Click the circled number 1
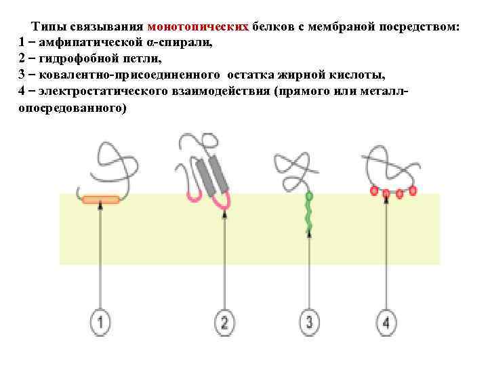tap(101, 322)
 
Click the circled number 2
tap(225, 322)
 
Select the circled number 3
tap(309, 322)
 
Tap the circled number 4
tap(386, 322)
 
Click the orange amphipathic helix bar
tap(101, 199)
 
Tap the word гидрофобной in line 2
tap(75, 59)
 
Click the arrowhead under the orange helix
tap(101, 207)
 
